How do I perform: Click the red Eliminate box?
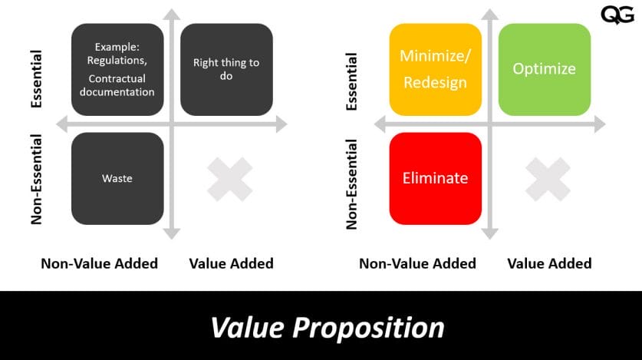[x=436, y=178]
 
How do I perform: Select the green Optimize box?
[x=544, y=69]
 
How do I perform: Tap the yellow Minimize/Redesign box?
[x=436, y=69]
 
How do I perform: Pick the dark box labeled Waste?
[x=117, y=178]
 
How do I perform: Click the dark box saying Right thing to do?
[x=226, y=69]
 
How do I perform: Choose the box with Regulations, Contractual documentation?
[x=117, y=69]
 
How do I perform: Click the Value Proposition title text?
[x=328, y=328]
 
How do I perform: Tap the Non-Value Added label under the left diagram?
[x=99, y=263]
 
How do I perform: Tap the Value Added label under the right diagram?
[x=549, y=263]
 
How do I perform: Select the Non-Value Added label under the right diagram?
[x=417, y=263]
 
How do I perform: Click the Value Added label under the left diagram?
[x=231, y=263]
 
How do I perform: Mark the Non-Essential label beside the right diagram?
[x=353, y=183]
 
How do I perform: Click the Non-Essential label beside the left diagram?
[x=37, y=180]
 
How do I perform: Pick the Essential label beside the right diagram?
[x=353, y=81]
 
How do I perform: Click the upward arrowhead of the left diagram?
[x=172, y=13]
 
